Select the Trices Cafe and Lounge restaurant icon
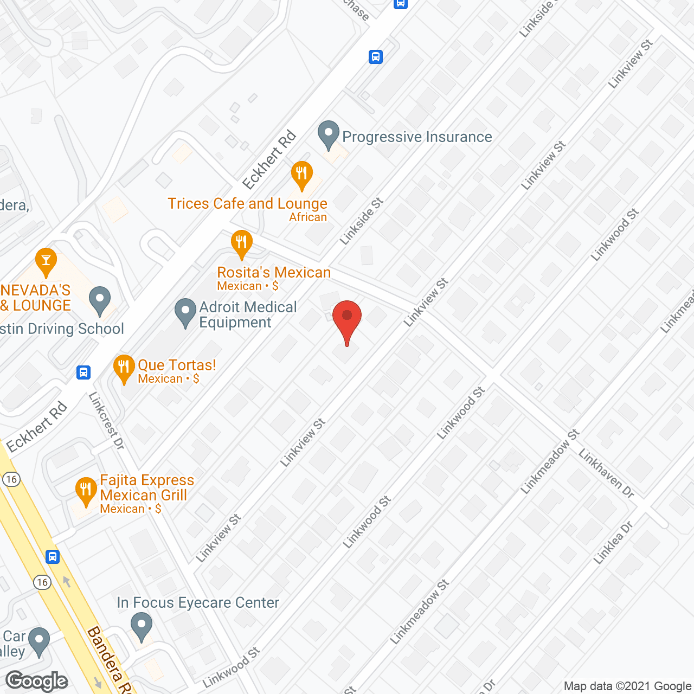tap(301, 175)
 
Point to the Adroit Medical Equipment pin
tap(185, 312)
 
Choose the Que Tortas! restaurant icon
tap(124, 368)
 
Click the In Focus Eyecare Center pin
tap(142, 626)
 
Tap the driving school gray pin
tap(100, 300)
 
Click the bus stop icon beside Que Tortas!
tap(83, 372)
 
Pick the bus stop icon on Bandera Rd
tap(53, 556)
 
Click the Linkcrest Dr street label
tap(107, 421)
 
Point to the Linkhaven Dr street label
tap(606, 473)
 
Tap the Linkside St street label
tap(362, 221)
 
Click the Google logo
tap(36, 681)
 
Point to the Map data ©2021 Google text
tap(627, 686)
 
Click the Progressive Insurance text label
tap(417, 137)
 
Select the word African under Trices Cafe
tap(308, 217)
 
